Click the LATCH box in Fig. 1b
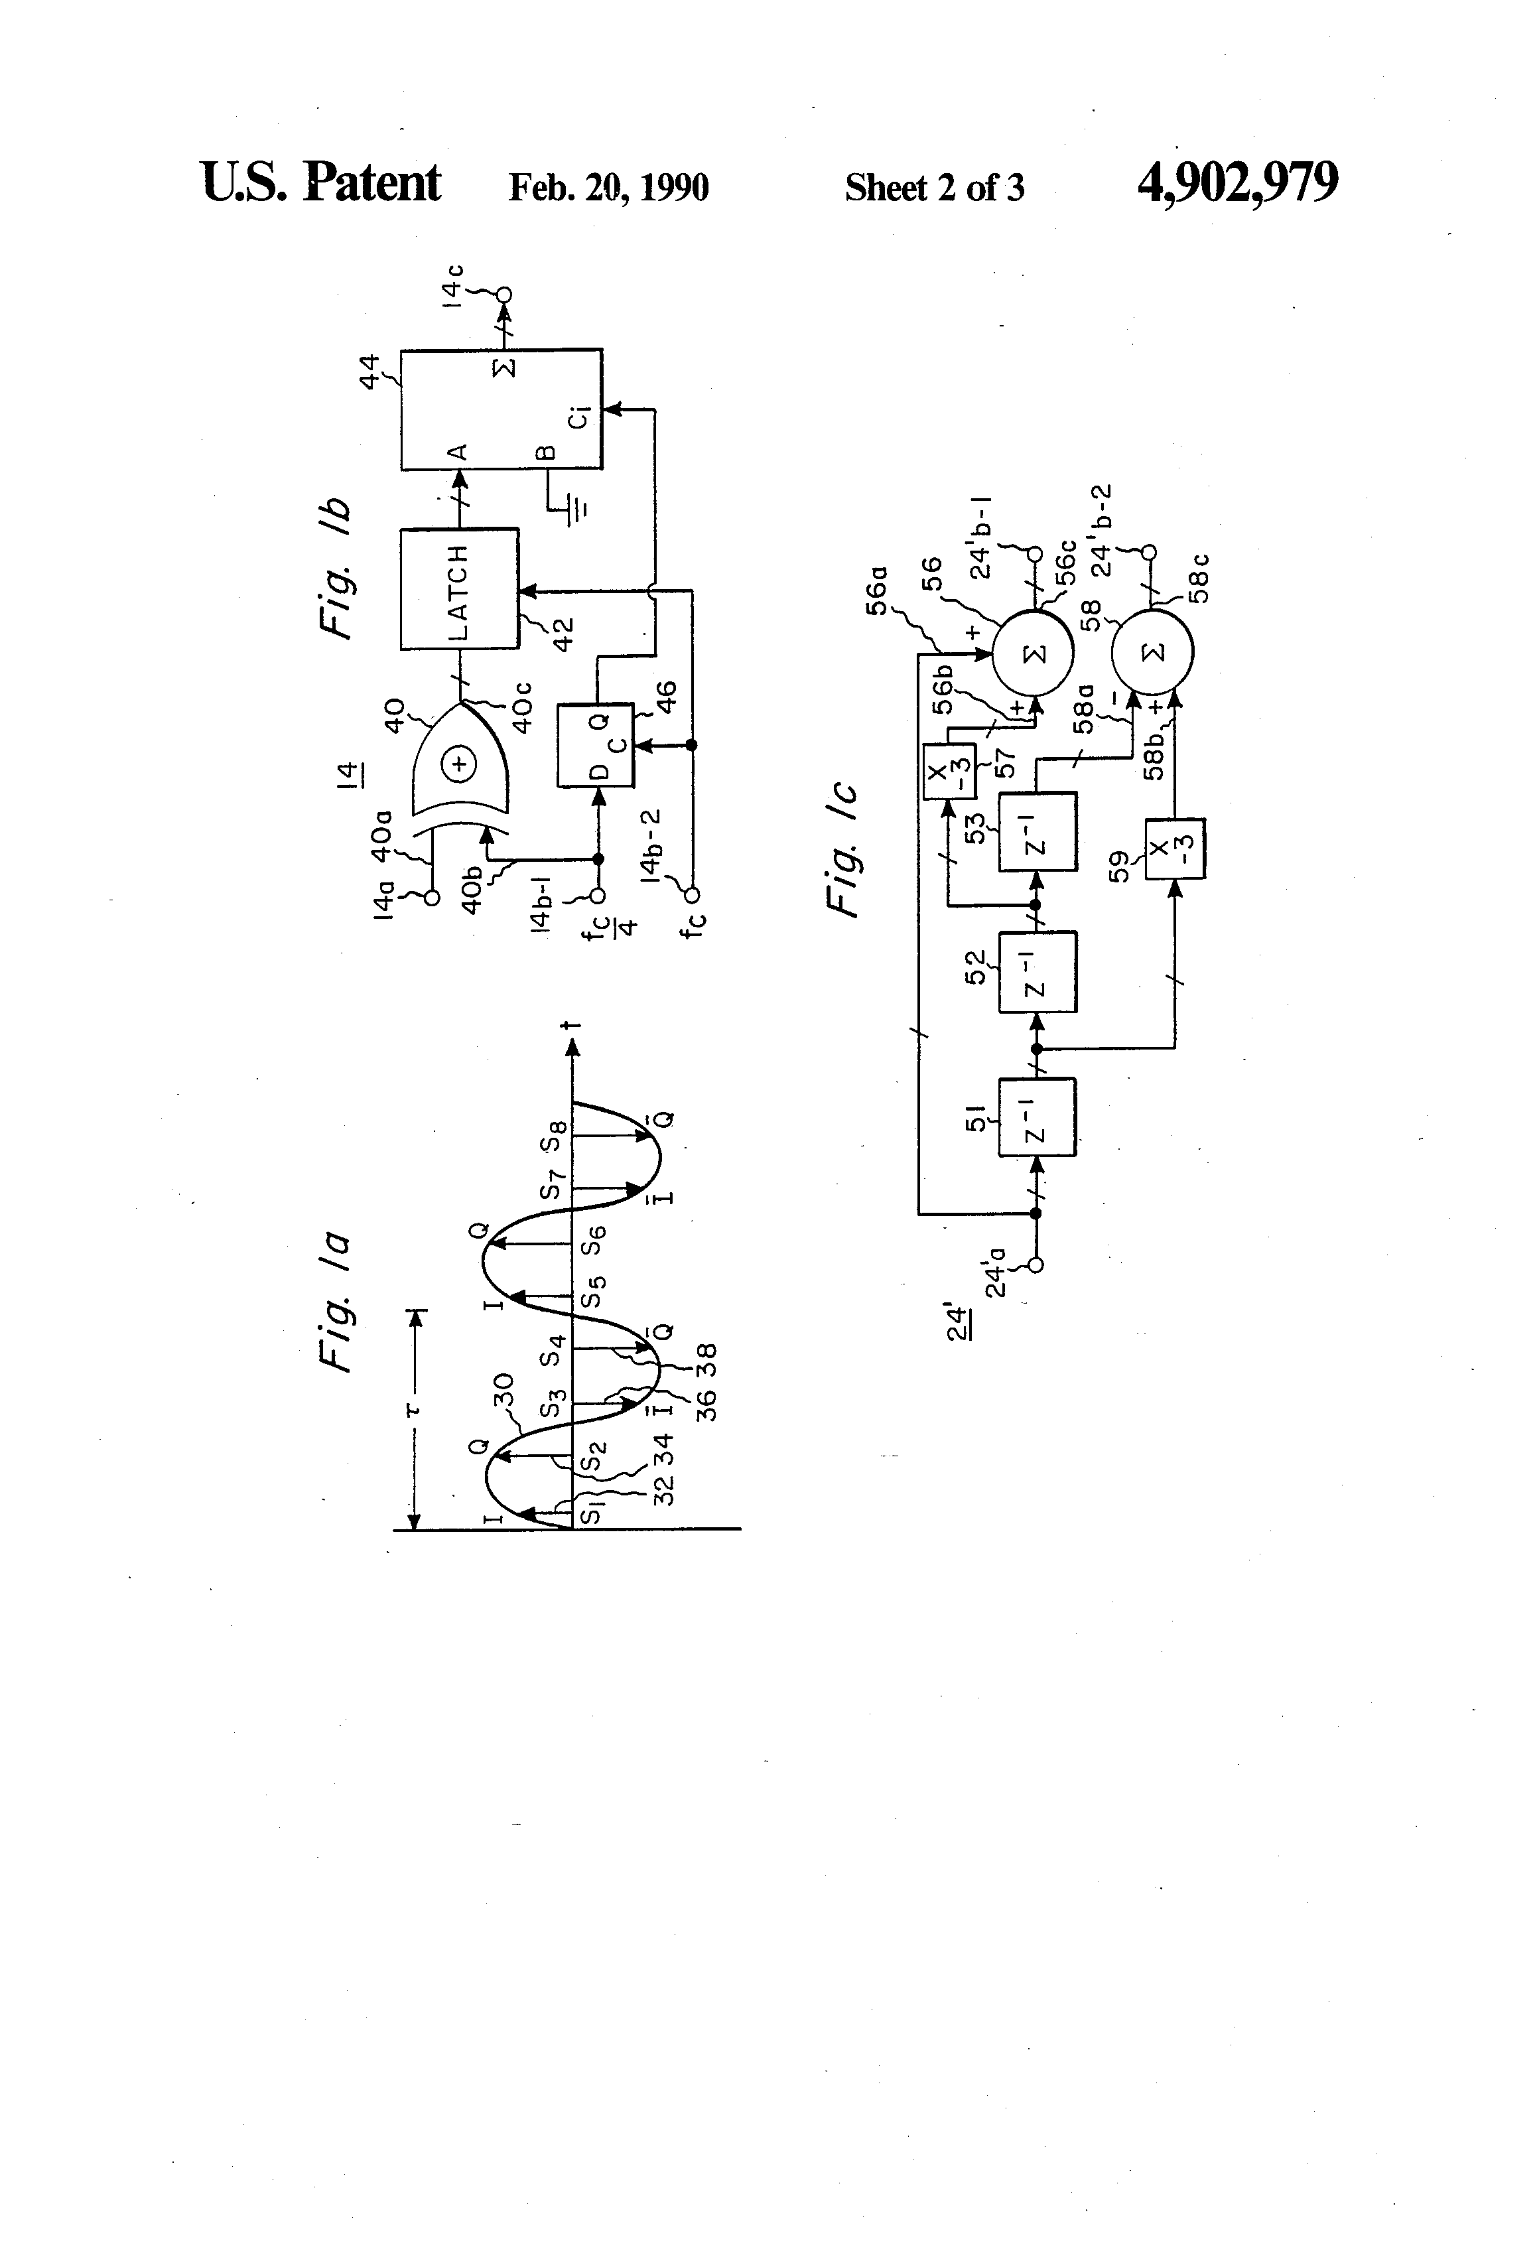458,588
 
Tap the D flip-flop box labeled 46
594,745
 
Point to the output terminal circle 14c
504,295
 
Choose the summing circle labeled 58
1153,651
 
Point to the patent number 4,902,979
1237,183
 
